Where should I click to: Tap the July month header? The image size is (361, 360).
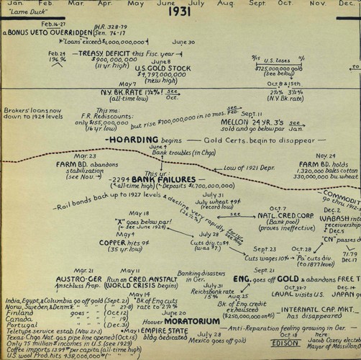218,4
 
